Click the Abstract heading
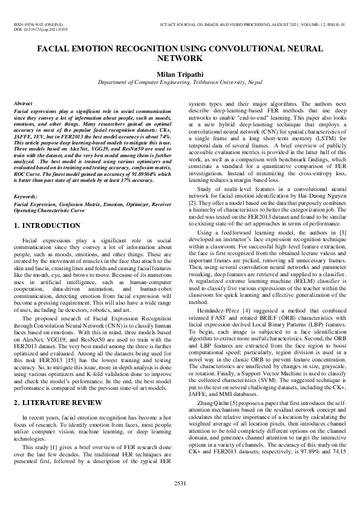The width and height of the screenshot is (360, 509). coord(23,104)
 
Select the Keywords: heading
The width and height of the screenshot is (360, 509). coord(25,196)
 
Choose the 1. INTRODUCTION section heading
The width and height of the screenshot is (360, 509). coord(47,225)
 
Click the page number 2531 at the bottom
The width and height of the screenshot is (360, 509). coord(180,483)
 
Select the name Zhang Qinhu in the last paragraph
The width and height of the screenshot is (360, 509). coord(214,402)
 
